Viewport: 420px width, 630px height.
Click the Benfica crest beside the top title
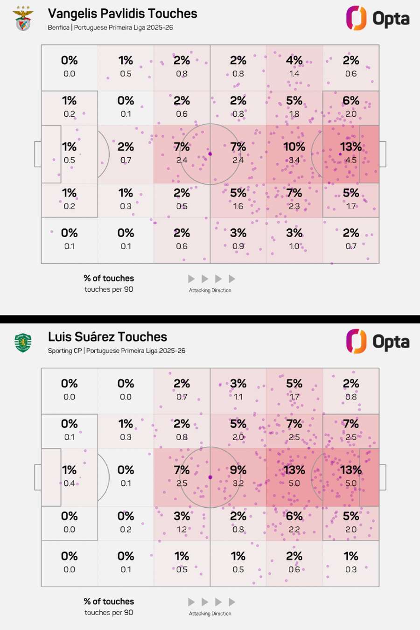click(x=23, y=19)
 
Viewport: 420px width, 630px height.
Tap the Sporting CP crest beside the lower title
click(x=23, y=343)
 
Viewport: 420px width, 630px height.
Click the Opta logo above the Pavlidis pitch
click(x=378, y=18)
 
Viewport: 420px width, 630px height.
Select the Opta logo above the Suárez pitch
click(x=378, y=342)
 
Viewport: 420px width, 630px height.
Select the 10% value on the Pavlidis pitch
click(x=294, y=147)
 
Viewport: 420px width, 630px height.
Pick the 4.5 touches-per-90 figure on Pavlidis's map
click(x=351, y=160)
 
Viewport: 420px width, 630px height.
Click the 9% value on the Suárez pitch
click(x=238, y=470)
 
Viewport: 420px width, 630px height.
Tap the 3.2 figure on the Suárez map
click(x=238, y=483)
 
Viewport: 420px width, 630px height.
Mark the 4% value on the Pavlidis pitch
click(x=294, y=61)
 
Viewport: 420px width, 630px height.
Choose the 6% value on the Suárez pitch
click(x=294, y=517)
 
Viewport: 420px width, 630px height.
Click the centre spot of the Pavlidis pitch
click(x=210, y=154)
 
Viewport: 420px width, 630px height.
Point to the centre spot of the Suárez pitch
click(x=210, y=477)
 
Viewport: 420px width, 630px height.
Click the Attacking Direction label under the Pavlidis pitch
click(x=210, y=290)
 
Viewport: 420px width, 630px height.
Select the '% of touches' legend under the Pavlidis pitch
click(x=109, y=279)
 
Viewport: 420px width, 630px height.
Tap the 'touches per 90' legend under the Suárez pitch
click(x=109, y=613)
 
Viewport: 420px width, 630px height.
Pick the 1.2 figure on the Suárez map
click(x=182, y=530)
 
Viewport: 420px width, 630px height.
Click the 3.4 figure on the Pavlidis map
click(x=294, y=160)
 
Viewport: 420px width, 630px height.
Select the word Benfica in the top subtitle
click(x=58, y=28)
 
